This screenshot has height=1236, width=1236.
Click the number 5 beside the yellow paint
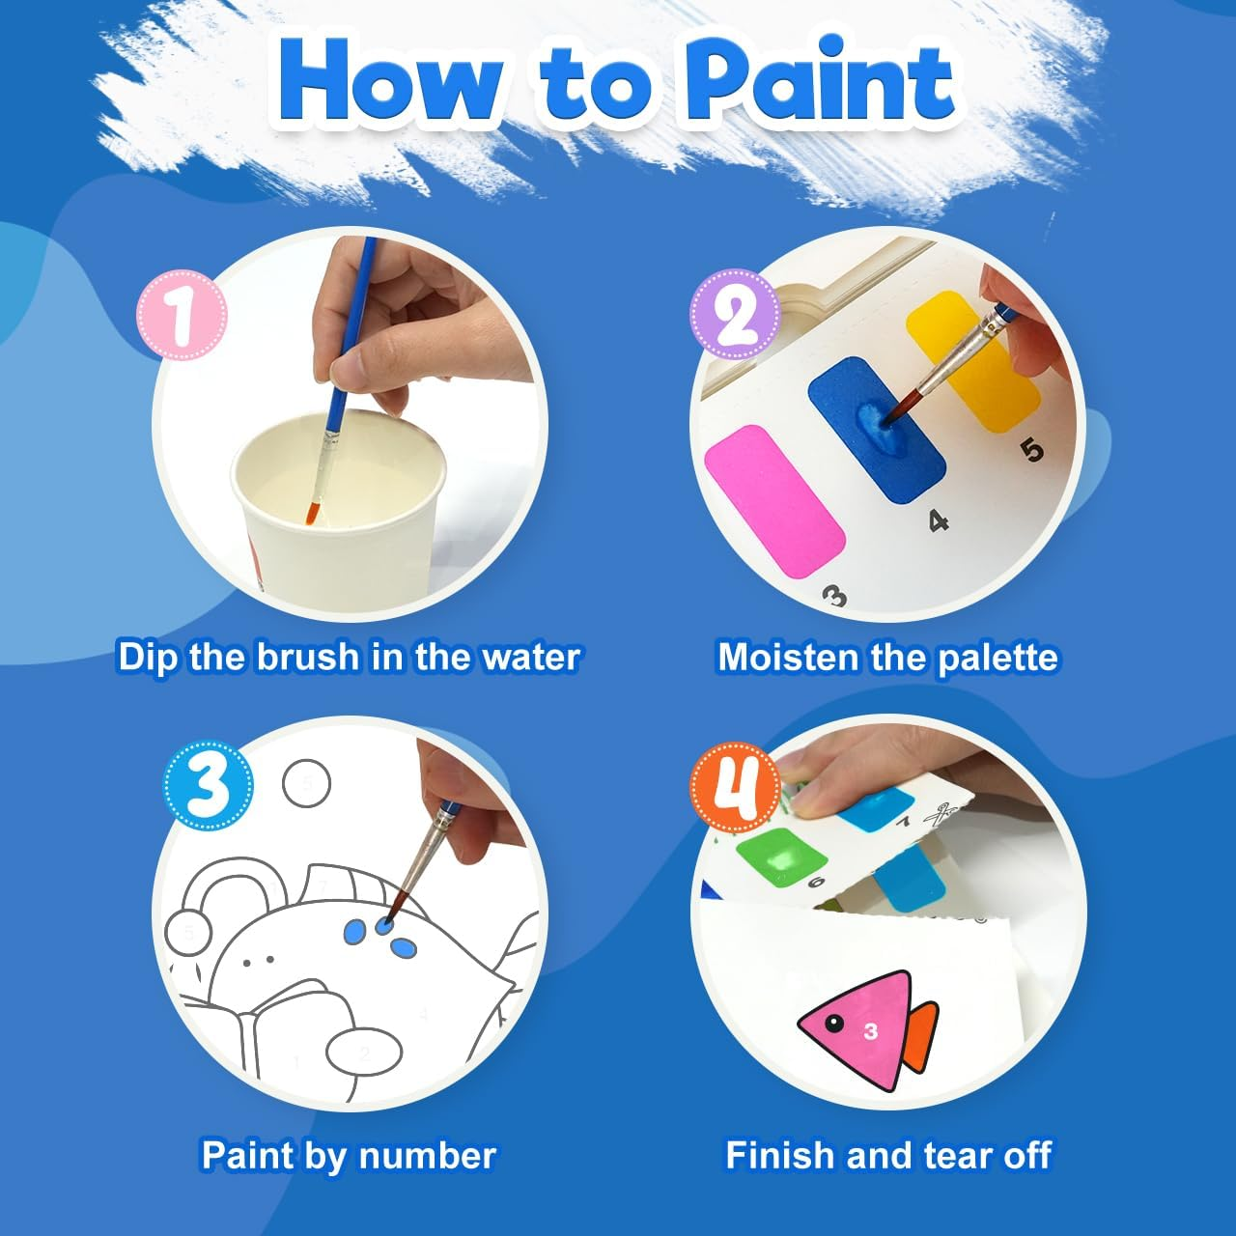(1032, 450)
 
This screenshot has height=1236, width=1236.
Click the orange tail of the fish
(922, 1036)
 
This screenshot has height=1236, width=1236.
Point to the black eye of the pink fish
(833, 1023)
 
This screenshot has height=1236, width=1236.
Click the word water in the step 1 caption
(530, 657)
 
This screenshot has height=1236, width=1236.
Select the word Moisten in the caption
(788, 657)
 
